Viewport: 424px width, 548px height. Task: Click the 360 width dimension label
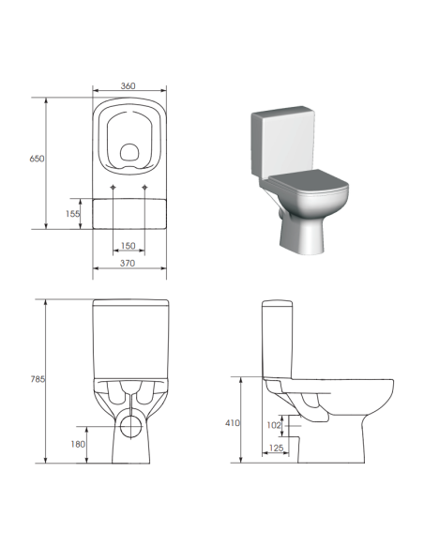(129, 86)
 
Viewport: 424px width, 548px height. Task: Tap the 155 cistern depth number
(73, 214)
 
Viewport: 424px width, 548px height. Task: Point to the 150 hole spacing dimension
(129, 247)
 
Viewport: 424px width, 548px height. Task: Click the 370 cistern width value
(129, 265)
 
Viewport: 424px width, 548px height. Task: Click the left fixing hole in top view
(114, 190)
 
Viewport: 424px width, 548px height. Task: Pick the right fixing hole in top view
(144, 190)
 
